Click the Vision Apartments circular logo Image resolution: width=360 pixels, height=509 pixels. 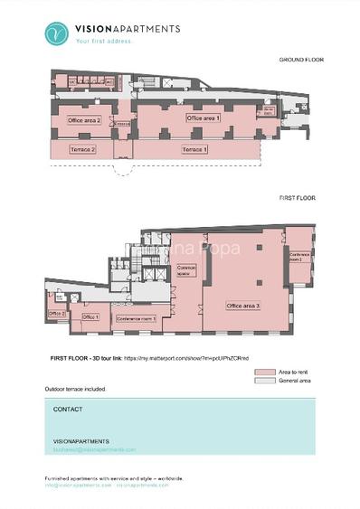pos(57,33)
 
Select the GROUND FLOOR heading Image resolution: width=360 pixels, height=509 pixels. pos(301,60)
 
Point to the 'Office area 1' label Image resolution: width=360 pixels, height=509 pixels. pos(203,118)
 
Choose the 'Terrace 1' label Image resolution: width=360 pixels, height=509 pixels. pos(194,149)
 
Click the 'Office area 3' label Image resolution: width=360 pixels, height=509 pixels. pos(243,306)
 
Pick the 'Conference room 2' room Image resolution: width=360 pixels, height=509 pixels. pos(300,256)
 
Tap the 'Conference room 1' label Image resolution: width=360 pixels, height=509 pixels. pos(137,318)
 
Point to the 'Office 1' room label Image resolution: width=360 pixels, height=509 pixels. pos(90,317)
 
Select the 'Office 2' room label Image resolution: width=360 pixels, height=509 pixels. pos(56,314)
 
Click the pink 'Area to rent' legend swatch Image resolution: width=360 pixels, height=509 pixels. pos(264,372)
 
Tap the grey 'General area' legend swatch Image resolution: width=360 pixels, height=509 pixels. pos(264,381)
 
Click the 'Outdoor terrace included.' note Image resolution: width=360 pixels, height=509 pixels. pos(75,389)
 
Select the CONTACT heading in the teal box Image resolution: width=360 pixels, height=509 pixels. pos(68,409)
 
